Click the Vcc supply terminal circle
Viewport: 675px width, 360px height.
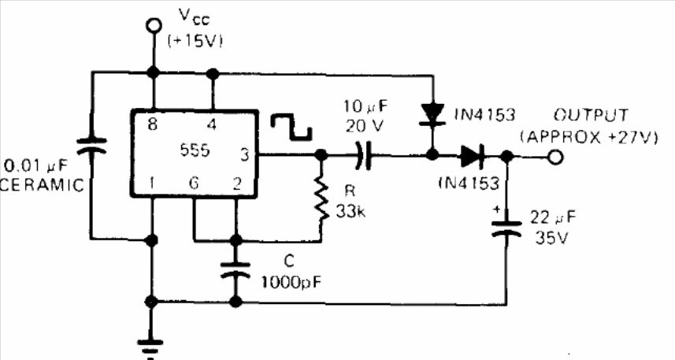coord(153,26)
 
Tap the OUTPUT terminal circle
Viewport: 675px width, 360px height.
coord(556,158)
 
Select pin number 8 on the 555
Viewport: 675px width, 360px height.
coord(152,124)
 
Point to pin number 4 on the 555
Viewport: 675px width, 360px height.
coord(212,124)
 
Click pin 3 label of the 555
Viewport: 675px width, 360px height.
coord(244,154)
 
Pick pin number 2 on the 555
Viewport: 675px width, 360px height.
coord(237,184)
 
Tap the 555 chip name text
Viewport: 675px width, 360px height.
coord(195,150)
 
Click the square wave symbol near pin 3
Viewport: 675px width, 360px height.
coord(291,127)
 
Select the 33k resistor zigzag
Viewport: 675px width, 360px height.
coord(321,197)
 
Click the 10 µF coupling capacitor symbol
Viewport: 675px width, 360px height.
coord(363,155)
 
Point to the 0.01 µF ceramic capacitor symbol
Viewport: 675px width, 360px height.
coord(91,146)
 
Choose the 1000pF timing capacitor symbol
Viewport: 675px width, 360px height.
coord(236,269)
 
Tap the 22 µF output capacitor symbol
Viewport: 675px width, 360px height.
coord(506,228)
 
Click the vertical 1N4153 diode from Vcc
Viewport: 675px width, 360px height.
coord(432,114)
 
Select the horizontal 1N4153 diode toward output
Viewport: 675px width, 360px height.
coord(473,156)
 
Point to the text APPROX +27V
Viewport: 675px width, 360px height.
coord(589,137)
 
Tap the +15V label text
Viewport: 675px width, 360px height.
coord(195,41)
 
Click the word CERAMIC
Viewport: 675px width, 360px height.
coord(43,185)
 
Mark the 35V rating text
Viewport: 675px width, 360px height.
coord(551,237)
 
